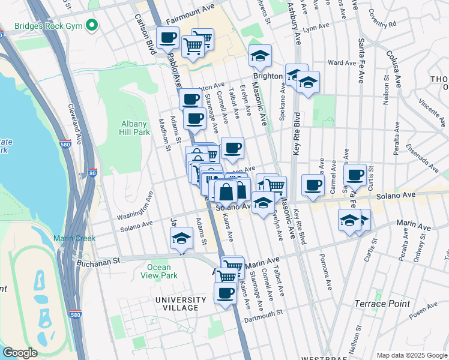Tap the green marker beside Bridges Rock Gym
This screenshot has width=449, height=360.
pyautogui.click(x=91, y=25)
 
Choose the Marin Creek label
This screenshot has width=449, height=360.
pyautogui.click(x=74, y=238)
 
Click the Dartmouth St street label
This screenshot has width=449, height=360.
pyautogui.click(x=263, y=314)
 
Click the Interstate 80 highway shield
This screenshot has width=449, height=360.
pyautogui.click(x=92, y=173)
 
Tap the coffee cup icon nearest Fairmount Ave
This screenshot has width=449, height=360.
pyautogui.click(x=167, y=39)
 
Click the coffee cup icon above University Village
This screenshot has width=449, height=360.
pyautogui.click(x=226, y=294)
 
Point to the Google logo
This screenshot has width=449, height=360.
pyautogui.click(x=20, y=353)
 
